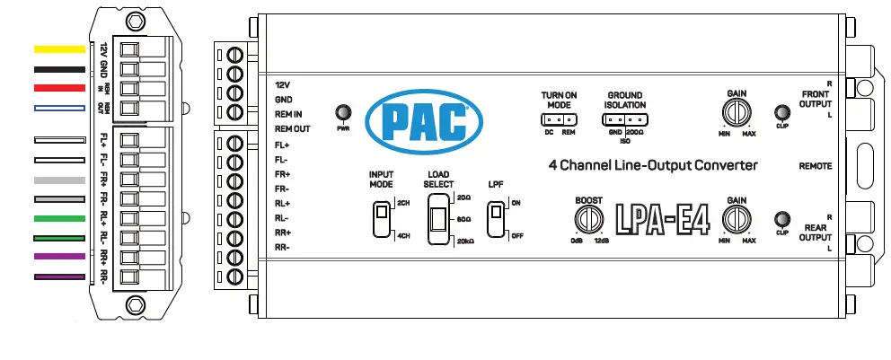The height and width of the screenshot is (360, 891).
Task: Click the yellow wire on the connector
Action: coord(59,49)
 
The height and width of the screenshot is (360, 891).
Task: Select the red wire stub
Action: coord(59,88)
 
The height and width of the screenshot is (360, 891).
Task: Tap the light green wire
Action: coord(59,218)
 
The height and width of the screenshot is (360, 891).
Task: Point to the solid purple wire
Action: coord(59,258)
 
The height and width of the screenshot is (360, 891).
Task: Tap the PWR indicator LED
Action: coord(342,113)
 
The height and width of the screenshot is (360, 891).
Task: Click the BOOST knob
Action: coord(589,219)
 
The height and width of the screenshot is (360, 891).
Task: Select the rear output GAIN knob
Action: coord(737,219)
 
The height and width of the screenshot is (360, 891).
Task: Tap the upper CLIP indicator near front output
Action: coord(781,113)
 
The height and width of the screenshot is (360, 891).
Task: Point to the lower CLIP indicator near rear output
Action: coord(781,219)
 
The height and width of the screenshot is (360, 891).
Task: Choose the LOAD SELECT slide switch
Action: coord(439,220)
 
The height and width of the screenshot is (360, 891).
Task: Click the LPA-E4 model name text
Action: coord(662,220)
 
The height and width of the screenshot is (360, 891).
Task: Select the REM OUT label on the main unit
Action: coord(294,129)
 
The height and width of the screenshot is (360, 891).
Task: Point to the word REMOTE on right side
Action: coord(816,166)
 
